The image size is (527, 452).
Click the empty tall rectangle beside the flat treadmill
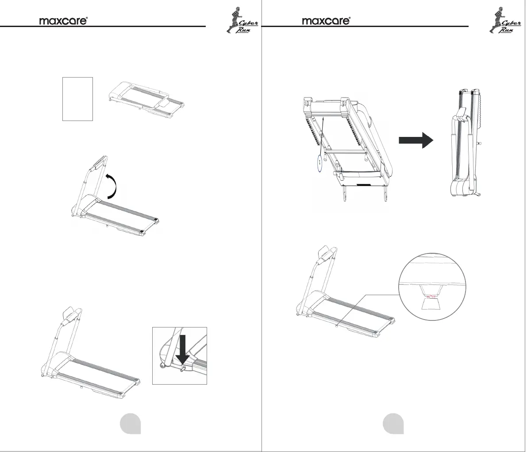coord(77,98)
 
